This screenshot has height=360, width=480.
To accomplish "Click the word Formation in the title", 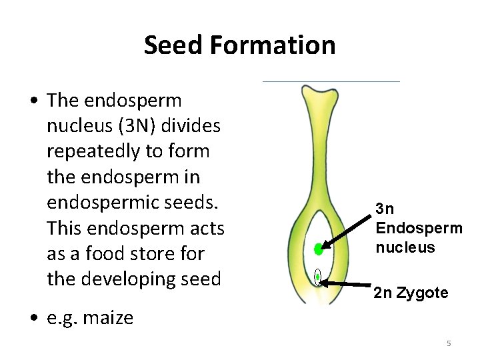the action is pyautogui.click(x=272, y=45).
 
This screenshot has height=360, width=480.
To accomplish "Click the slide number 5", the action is pyautogui.click(x=449, y=343).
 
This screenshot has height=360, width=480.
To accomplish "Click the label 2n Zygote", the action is pyautogui.click(x=411, y=293).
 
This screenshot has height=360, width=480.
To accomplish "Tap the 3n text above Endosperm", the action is pyautogui.click(x=385, y=209).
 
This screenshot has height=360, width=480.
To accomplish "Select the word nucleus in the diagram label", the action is pyautogui.click(x=405, y=247).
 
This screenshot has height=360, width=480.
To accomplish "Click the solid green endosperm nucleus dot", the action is pyautogui.click(x=319, y=250).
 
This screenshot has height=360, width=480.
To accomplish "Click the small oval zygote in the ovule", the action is pyautogui.click(x=318, y=276).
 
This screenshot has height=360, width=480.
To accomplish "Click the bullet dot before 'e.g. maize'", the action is pyautogui.click(x=33, y=318).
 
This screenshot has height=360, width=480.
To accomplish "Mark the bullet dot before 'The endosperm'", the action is pyautogui.click(x=33, y=101).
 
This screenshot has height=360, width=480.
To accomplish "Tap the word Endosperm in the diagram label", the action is pyautogui.click(x=419, y=228).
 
